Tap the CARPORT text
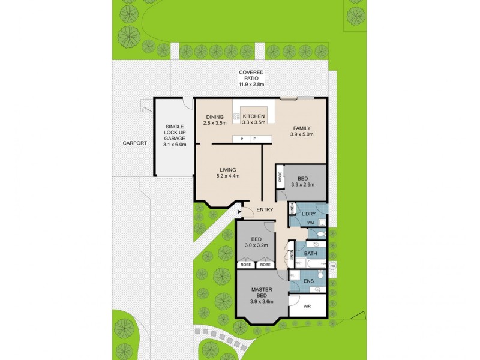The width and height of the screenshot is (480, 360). coord(134,143)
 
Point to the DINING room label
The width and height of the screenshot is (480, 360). coord(215,117)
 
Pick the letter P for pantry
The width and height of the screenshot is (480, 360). coord(242,139)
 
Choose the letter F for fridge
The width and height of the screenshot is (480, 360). coord(254,139)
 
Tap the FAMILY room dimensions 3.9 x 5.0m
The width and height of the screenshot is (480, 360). coord(302,135)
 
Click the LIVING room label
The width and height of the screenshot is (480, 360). coord(228,170)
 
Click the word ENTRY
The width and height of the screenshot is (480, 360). coord(265,209)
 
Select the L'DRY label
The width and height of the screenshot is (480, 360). coord(309,214)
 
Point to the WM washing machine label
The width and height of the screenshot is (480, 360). coord(310,223)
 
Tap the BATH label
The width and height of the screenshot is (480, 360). coord(310,254)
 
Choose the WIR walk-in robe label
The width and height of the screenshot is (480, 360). coord(307,306)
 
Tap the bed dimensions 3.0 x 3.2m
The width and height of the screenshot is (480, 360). coord(256,245)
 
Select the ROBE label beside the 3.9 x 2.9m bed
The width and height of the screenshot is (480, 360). coord(280,177)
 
